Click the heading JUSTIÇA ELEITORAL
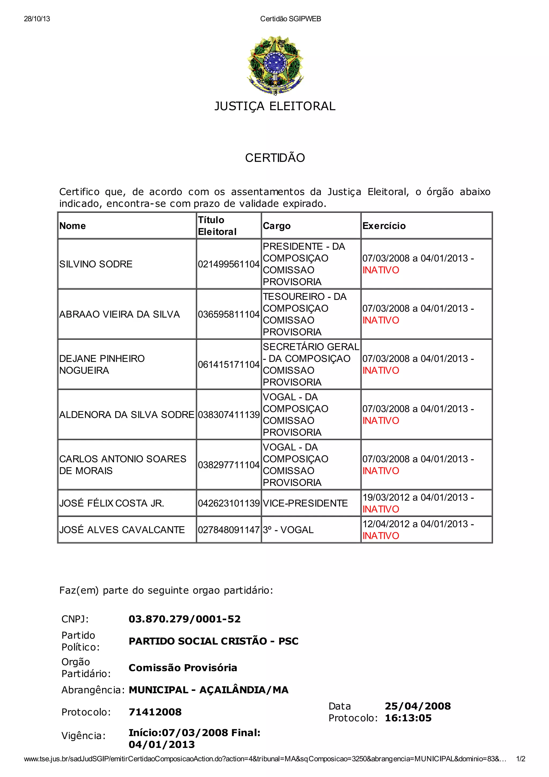coord(275,106)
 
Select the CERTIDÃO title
coord(275,158)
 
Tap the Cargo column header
coord(276,226)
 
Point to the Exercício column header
coord(384,226)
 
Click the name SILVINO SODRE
coord(96,264)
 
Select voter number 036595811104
coord(229,314)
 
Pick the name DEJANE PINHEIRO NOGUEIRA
coord(102,364)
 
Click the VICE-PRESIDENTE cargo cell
coord(305,503)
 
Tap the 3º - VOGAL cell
coord(288,530)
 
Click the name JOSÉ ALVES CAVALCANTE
coord(122,530)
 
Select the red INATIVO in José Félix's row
coord(381,509)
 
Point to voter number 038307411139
coord(229,415)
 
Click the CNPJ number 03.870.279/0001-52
coord(184,619)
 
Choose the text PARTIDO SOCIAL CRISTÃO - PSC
coord(213,641)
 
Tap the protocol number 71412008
coord(155,712)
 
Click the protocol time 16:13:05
coord(408,718)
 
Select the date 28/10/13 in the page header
coord(37,19)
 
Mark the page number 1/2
coord(521,759)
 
